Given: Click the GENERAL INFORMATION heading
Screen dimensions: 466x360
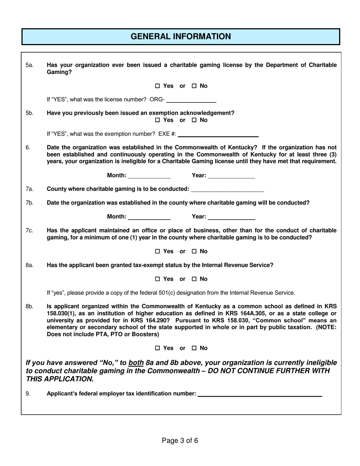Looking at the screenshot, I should pyautogui.click(x=180, y=36).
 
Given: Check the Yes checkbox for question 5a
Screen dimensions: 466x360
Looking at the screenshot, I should pyautogui.click(x=158, y=86).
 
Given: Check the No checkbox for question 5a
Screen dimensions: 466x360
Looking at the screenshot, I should pyautogui.click(x=194, y=86).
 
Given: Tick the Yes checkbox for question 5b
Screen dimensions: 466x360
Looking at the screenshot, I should pyautogui.click(x=158, y=120).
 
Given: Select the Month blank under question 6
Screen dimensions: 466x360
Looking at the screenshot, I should pyautogui.click(x=149, y=176).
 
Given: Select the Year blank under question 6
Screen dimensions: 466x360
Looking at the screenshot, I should pyautogui.click(x=232, y=176).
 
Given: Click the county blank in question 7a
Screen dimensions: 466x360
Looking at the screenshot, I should pyautogui.click(x=228, y=189).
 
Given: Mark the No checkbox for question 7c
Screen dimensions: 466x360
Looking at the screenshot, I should pyautogui.click(x=194, y=252).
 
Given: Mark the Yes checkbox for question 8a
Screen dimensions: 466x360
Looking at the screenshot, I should pyautogui.click(x=158, y=279).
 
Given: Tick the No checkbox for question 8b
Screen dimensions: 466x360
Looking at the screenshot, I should pyautogui.click(x=194, y=348).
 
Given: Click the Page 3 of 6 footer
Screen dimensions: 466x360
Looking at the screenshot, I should pyautogui.click(x=180, y=441).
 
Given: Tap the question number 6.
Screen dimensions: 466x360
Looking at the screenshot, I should pyautogui.click(x=28, y=147).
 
